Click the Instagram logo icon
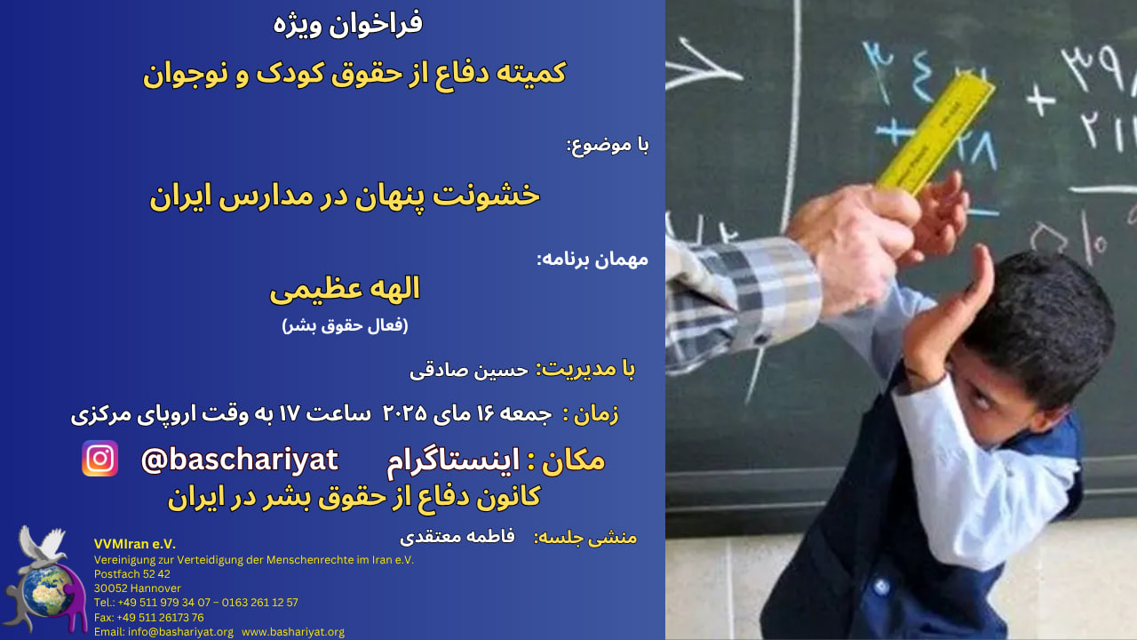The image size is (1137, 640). [100, 458]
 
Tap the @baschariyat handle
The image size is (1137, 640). [239, 460]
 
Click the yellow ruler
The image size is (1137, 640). [935, 133]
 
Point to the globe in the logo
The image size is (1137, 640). [48, 591]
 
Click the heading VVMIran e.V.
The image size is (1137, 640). [135, 544]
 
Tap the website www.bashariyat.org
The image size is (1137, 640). [293, 632]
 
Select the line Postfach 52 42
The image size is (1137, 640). [132, 574]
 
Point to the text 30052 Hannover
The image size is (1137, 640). [137, 588]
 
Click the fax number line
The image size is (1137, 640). [148, 618]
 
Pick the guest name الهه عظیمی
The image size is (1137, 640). [345, 290]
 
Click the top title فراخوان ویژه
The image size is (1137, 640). [348, 24]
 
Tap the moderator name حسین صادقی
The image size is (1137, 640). [468, 371]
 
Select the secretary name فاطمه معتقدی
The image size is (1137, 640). [457, 537]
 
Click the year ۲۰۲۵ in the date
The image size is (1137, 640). [404, 413]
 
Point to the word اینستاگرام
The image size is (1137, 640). [453, 461]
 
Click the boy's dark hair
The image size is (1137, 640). [1046, 315]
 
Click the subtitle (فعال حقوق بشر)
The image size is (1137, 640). [345, 325]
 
